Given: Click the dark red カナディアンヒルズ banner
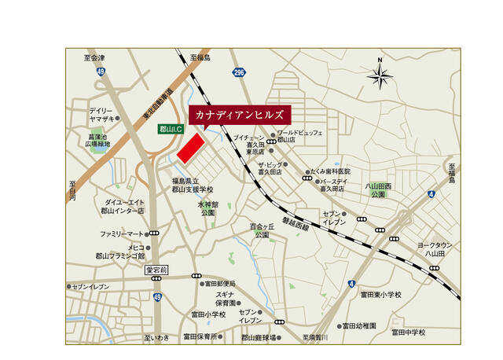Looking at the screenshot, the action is pyautogui.click(x=240, y=115).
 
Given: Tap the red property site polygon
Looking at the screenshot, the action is pyautogui.click(x=189, y=149).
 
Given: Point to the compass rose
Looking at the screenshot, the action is pyautogui.click(x=380, y=76).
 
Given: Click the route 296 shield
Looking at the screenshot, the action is pyautogui.click(x=239, y=72).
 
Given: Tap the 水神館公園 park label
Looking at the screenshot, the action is pyautogui.click(x=207, y=208).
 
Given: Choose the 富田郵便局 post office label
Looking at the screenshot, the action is pyautogui.click(x=220, y=284).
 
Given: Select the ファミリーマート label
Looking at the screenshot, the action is pyautogui.click(x=122, y=233).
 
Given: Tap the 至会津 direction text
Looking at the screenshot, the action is pyautogui.click(x=94, y=57).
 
